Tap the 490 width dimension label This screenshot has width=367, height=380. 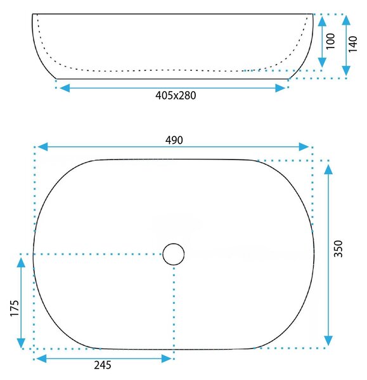[x=174, y=140]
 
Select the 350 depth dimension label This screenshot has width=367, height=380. [x=338, y=249]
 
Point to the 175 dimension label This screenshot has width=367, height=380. [x=15, y=308]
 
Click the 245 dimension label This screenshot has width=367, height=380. [x=103, y=365]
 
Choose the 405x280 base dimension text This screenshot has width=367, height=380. [x=176, y=96]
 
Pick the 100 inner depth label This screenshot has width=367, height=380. [x=330, y=41]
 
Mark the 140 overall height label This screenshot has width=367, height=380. [x=353, y=44]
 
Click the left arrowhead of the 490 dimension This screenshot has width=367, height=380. [x=42, y=147]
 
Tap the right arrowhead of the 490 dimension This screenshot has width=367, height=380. [x=304, y=147]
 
